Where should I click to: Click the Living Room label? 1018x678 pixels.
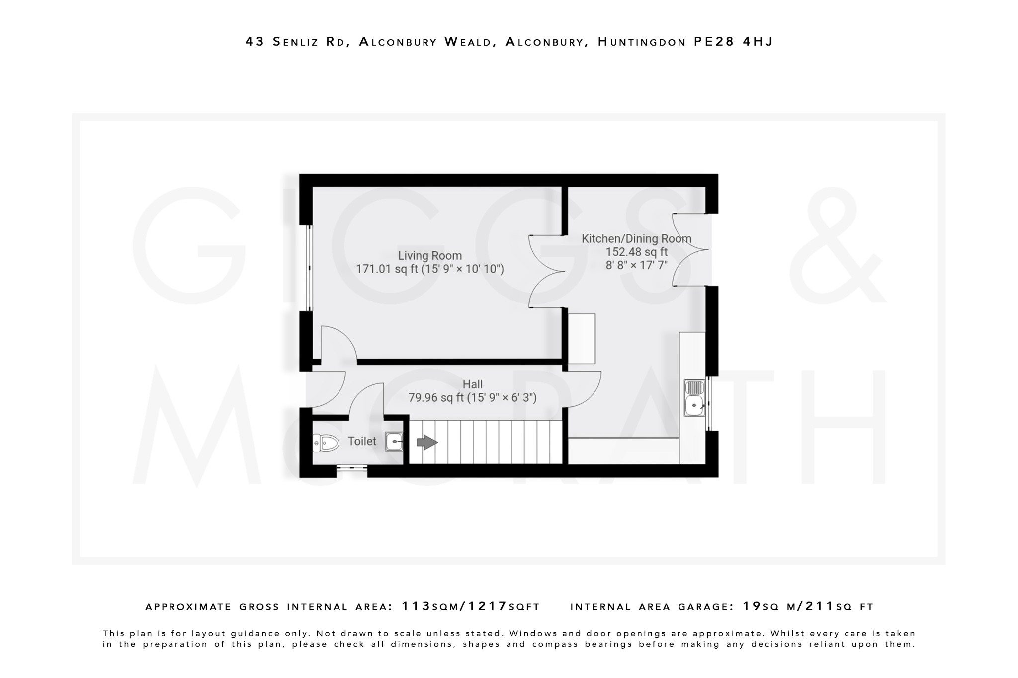click(x=429, y=256)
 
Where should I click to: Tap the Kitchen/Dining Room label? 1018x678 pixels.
click(x=636, y=239)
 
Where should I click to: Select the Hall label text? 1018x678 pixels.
click(x=472, y=384)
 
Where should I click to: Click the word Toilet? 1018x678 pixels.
click(x=362, y=441)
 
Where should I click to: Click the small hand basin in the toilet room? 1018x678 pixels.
click(x=394, y=441)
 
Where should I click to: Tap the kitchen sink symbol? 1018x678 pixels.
click(x=694, y=398)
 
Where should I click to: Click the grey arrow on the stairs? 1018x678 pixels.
click(x=426, y=442)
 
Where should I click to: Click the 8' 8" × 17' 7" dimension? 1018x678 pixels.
click(x=636, y=265)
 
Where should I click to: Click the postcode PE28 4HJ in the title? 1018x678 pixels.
click(x=733, y=42)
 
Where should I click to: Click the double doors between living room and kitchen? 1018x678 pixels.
click(x=547, y=272)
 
